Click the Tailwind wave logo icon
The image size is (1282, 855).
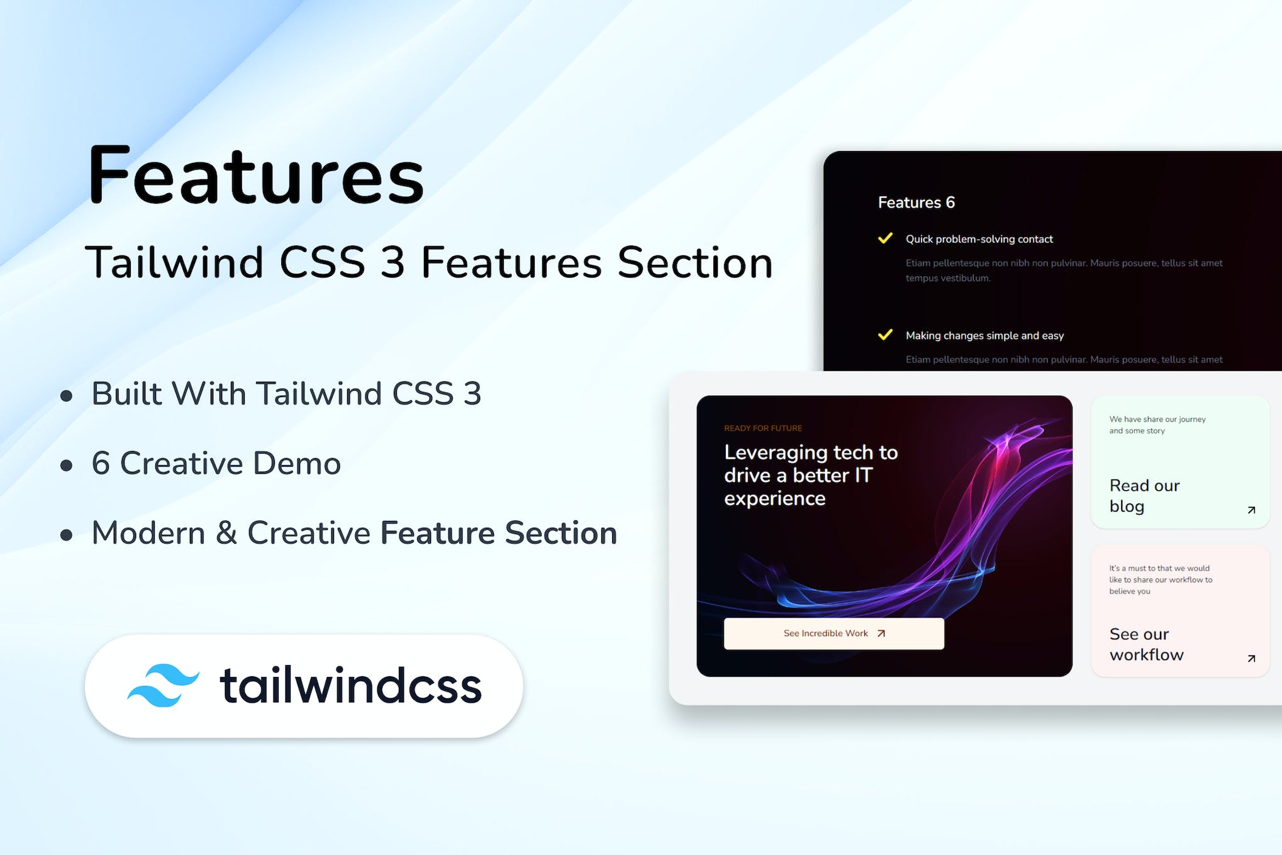coord(163,685)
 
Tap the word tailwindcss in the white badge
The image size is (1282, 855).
coord(350,686)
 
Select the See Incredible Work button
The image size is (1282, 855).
coord(833,634)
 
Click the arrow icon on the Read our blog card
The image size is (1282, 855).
coord(1251,510)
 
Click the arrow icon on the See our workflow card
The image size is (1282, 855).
coord(1251,659)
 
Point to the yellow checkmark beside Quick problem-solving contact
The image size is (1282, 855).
coord(885,238)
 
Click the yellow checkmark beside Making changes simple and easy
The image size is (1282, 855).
coord(885,335)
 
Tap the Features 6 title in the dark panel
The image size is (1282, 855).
coord(916,203)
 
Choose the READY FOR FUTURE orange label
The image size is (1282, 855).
coord(762,428)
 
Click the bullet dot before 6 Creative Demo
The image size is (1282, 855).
coord(66,466)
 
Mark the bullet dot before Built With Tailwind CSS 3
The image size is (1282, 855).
coord(66,396)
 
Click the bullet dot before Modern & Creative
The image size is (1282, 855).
coord(66,535)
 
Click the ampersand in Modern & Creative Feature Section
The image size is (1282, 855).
coord(226,534)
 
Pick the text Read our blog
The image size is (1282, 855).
coord(1144,496)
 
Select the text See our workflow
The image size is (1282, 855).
coord(1145,644)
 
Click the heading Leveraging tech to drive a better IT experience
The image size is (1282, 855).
coord(810,475)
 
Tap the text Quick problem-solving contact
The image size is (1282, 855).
coord(979,239)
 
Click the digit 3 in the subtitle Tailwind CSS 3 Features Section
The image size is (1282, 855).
coord(393,263)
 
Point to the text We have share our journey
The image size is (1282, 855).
coord(1157,420)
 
